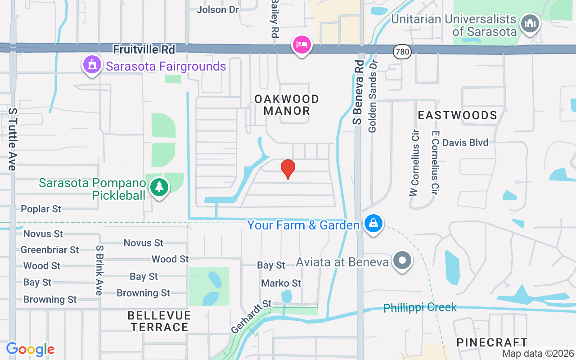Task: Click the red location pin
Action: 288,169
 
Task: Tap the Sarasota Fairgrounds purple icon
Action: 92,65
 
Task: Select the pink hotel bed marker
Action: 301,45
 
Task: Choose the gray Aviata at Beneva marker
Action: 402,260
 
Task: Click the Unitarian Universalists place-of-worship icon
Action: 530,23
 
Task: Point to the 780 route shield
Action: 402,52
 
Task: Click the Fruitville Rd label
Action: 144,49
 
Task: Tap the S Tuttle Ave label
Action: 13,139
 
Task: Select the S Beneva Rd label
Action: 358,92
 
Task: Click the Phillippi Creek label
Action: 420,308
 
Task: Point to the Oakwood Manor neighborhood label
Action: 287,105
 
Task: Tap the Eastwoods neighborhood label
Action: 457,116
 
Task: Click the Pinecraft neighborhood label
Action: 492,342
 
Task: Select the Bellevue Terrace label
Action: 159,321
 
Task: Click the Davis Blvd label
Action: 465,143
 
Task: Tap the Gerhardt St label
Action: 251,317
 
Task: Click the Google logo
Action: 31,349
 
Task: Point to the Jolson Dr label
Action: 218,9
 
